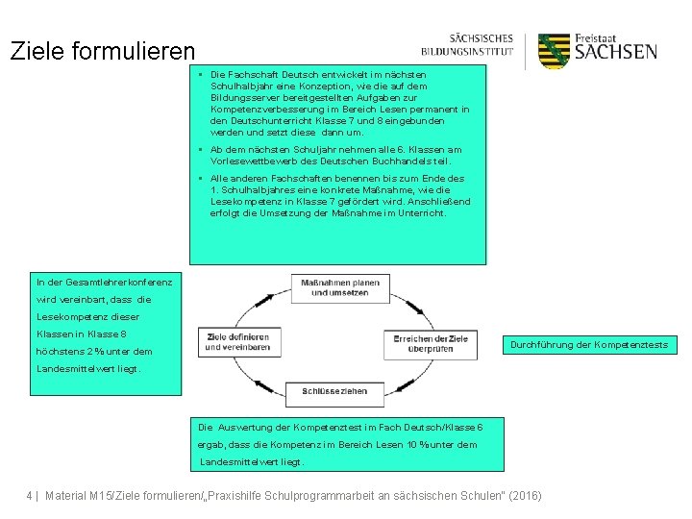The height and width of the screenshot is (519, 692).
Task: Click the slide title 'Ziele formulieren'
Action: (x=102, y=51)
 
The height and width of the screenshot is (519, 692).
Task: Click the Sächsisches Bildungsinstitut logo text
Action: (x=468, y=45)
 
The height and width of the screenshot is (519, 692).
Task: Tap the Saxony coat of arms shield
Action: (x=555, y=51)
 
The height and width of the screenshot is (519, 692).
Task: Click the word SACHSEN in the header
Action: (x=616, y=52)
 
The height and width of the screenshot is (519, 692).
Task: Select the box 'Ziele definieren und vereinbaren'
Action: (x=237, y=341)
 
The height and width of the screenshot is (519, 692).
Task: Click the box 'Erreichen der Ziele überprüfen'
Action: (x=431, y=343)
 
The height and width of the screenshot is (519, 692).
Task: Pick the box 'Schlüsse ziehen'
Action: (x=334, y=391)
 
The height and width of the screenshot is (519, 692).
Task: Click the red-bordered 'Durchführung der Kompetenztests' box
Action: (x=588, y=344)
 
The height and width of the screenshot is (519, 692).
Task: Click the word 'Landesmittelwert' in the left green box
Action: (x=84, y=368)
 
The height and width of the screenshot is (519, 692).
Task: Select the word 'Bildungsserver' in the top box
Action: (x=244, y=98)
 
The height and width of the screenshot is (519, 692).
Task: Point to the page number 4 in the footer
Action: (x=29, y=496)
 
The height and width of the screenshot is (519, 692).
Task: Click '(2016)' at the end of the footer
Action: (x=524, y=496)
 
